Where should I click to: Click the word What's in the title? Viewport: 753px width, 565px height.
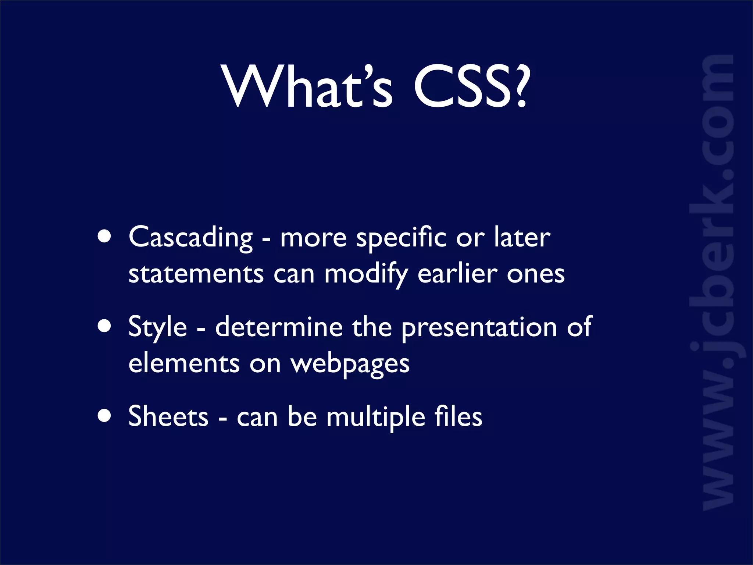point(307,87)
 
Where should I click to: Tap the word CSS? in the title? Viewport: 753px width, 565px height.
point(472,87)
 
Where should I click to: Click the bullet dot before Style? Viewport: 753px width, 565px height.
point(105,326)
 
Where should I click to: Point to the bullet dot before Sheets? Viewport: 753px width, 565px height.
point(105,416)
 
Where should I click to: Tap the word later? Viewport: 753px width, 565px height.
point(522,238)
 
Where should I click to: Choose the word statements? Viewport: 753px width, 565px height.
point(196,274)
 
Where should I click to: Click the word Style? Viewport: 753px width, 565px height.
point(158,327)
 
